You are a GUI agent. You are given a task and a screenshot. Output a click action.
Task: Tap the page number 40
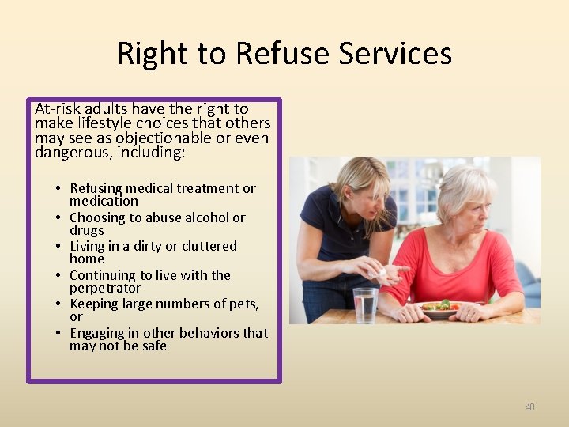(x=529, y=406)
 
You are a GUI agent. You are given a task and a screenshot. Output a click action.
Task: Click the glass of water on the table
(x=365, y=305)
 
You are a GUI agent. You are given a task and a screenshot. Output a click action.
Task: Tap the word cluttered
(x=208, y=246)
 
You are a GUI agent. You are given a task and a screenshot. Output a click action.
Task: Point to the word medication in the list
(x=104, y=201)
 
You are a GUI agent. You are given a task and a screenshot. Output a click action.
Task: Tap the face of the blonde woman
(x=370, y=190)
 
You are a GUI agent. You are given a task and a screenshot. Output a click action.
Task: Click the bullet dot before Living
(x=58, y=247)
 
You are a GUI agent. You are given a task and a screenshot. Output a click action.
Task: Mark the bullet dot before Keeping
(x=58, y=304)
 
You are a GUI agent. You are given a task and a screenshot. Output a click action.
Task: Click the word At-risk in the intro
(x=60, y=109)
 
